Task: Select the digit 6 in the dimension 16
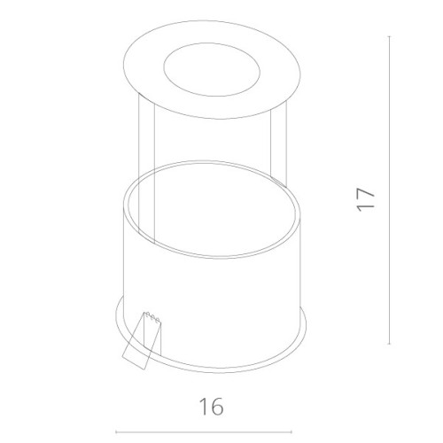216,407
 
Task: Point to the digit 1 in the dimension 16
204,407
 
